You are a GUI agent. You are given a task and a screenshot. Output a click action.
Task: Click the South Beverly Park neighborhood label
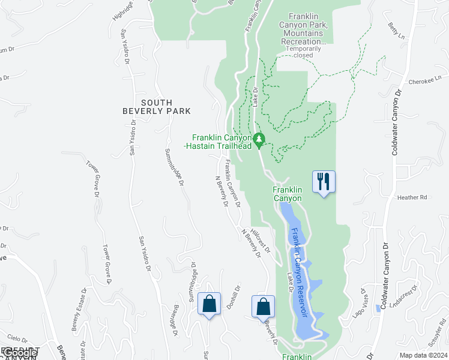[x=157, y=107]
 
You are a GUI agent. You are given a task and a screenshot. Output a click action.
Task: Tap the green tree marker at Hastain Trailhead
[x=259, y=140]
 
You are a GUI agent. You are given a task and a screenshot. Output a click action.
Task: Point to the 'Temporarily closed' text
[x=303, y=52]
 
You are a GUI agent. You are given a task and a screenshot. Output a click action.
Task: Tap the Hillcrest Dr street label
[x=261, y=239]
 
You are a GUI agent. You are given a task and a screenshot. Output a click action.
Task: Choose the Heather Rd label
[x=411, y=197]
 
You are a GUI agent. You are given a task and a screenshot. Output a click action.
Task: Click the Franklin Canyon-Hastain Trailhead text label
[x=221, y=142]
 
